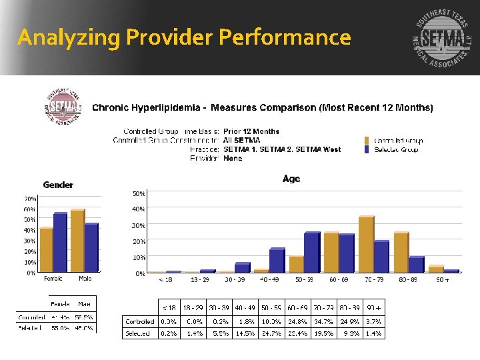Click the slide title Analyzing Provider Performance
184,37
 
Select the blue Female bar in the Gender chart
60,243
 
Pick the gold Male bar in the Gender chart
77,241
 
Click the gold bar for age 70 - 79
365,244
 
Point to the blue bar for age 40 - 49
277,260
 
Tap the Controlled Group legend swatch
367,141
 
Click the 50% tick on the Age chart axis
139,193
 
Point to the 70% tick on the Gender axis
30,199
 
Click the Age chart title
291,179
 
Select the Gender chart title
58,185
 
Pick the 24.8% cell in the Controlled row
297,321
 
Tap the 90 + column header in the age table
373,309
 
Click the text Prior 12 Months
251,131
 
